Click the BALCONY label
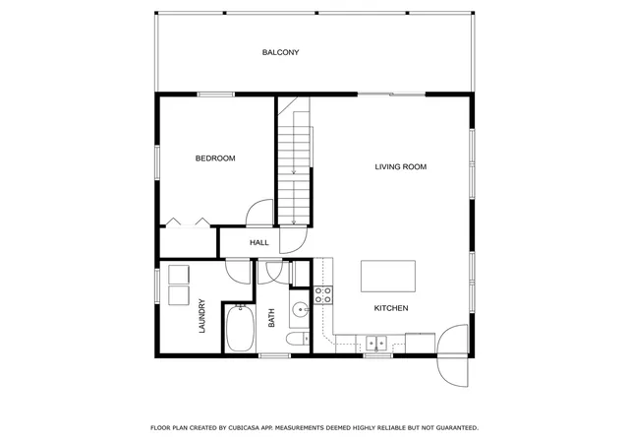pyautogui.click(x=280, y=52)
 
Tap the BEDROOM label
pyautogui.click(x=215, y=158)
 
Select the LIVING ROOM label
pyautogui.click(x=400, y=166)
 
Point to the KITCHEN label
pyautogui.click(x=391, y=308)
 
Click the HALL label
pyautogui.click(x=259, y=242)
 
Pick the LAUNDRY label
pyautogui.click(x=201, y=316)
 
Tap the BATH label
pyautogui.click(x=271, y=318)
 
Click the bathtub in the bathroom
pyautogui.click(x=240, y=328)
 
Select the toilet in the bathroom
pyautogui.click(x=298, y=339)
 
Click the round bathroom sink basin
pyautogui.click(x=300, y=310)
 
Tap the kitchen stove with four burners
pyautogui.click(x=323, y=294)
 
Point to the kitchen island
pyautogui.click(x=388, y=277)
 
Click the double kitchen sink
pyautogui.click(x=375, y=343)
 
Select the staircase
pyautogui.click(x=295, y=160)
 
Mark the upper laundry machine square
pyautogui.click(x=179, y=275)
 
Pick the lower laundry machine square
pyautogui.click(x=179, y=295)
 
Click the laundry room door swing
pyautogui.click(x=238, y=272)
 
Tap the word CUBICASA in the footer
pyautogui.click(x=245, y=428)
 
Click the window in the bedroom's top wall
pyautogui.click(x=216, y=95)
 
